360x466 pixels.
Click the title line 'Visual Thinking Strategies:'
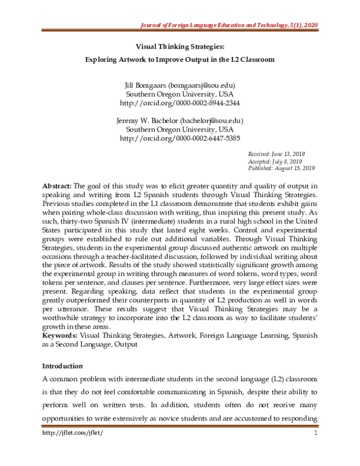179,44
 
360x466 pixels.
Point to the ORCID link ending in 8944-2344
180,104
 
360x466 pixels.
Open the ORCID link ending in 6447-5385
180,138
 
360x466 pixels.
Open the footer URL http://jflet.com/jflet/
70,449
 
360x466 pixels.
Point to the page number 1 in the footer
314,449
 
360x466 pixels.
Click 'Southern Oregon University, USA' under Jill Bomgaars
179,94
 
